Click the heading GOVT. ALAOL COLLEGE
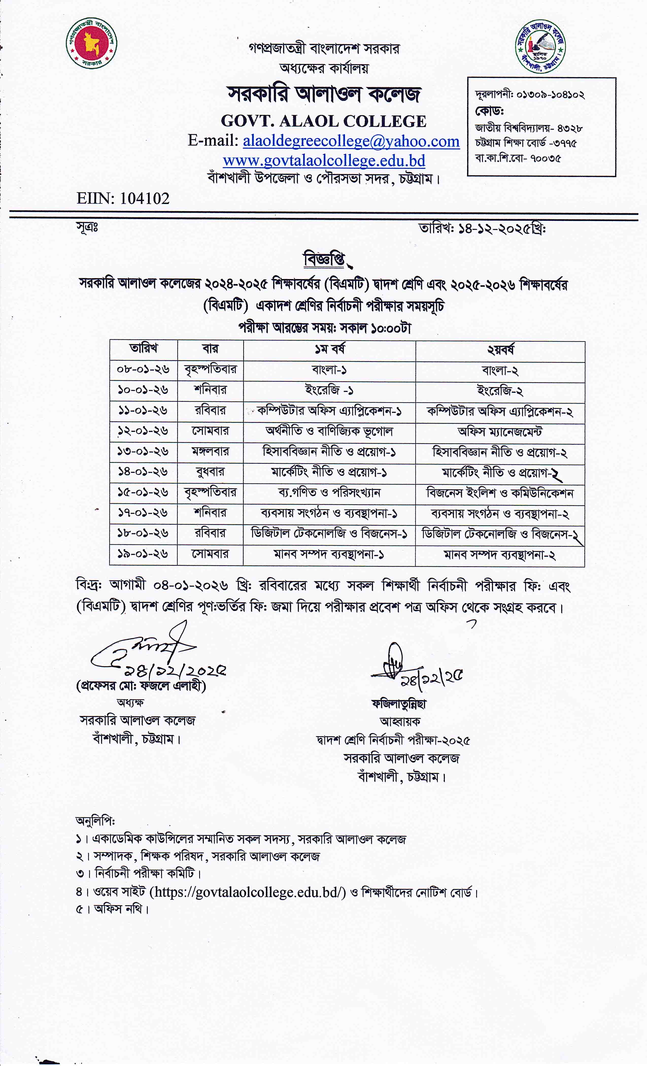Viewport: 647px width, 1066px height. [323, 121]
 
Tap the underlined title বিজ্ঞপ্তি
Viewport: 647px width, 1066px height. [324, 260]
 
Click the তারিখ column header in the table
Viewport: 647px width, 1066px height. [144, 349]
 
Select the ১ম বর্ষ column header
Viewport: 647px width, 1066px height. [330, 349]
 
